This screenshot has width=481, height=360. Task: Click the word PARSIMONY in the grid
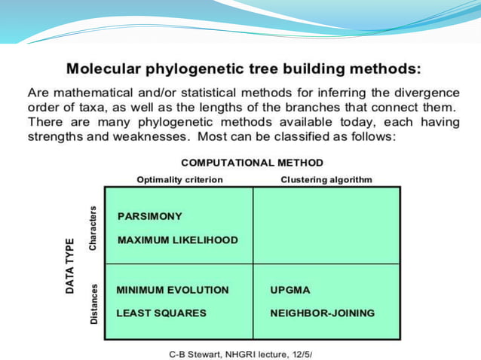point(150,216)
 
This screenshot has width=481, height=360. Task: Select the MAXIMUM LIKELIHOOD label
point(177,240)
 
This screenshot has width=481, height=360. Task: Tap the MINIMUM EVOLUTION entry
point(172,290)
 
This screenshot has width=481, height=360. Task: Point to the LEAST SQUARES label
point(161,313)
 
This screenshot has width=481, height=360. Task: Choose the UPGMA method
point(290,290)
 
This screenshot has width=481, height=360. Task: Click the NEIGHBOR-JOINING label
point(322,313)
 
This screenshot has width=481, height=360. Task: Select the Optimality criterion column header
point(179,179)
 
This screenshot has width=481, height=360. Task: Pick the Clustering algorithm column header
point(326,179)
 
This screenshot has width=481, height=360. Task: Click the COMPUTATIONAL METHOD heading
point(252,163)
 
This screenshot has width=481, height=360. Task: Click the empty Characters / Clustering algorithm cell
point(326,225)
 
